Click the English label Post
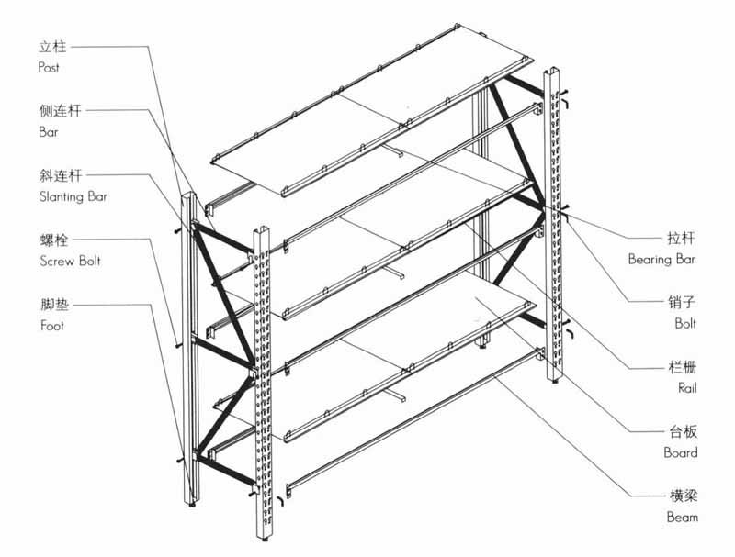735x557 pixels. (x=49, y=68)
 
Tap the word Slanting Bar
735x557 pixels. (x=70, y=196)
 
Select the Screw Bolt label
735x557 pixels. (x=70, y=261)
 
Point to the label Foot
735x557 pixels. (x=51, y=326)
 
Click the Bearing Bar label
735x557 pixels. (x=661, y=260)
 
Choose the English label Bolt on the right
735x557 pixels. (x=684, y=324)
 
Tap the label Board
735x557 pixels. (x=681, y=452)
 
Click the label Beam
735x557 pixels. (x=683, y=518)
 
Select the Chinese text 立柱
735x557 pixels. (x=52, y=46)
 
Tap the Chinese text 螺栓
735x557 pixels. (x=52, y=240)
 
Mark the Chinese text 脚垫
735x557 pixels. (x=52, y=305)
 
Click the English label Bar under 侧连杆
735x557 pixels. (x=47, y=132)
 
